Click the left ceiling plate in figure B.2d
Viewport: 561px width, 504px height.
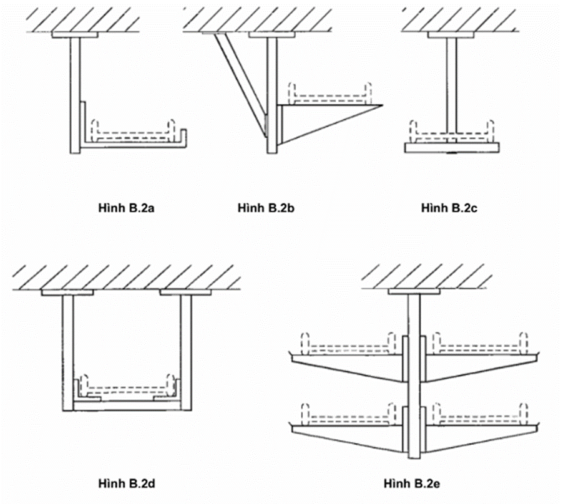[67, 291]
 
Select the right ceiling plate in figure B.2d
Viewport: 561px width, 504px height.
[185, 291]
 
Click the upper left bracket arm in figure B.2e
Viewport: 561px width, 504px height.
[349, 367]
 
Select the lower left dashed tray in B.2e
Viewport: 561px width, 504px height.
[349, 415]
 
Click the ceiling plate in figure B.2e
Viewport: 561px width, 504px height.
[413, 291]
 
